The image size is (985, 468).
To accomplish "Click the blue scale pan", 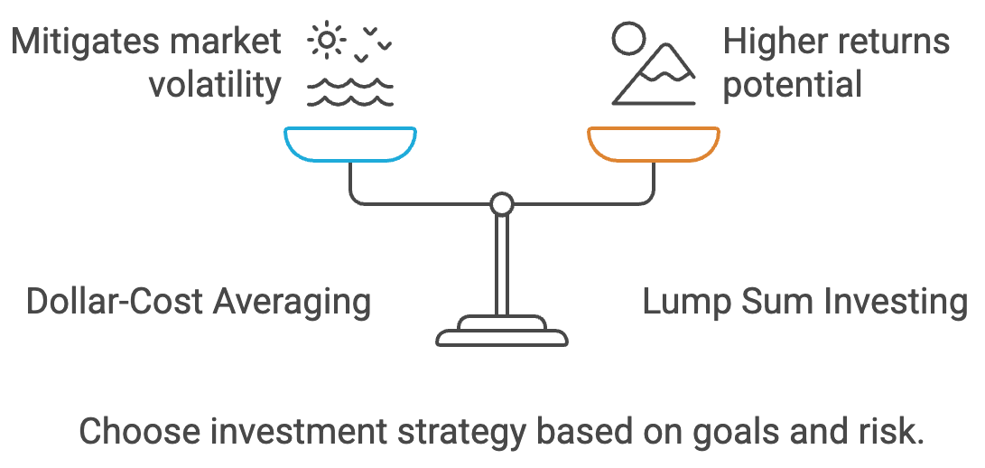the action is (x=349, y=144).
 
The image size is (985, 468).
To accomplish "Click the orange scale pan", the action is (x=653, y=144).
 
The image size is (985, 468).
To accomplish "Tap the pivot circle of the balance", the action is (x=501, y=203).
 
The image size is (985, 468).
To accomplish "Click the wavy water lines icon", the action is (x=349, y=90).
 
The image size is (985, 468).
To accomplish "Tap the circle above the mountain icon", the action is (x=628, y=39).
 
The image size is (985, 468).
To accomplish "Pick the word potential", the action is (x=794, y=85).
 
